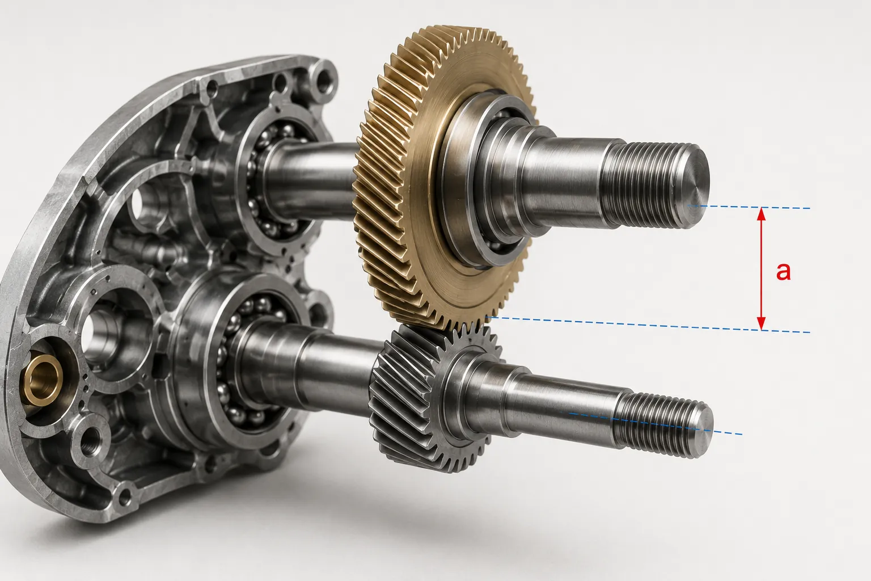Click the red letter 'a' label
[x=783, y=272]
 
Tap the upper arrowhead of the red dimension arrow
[x=762, y=214]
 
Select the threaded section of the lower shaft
[x=657, y=424]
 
